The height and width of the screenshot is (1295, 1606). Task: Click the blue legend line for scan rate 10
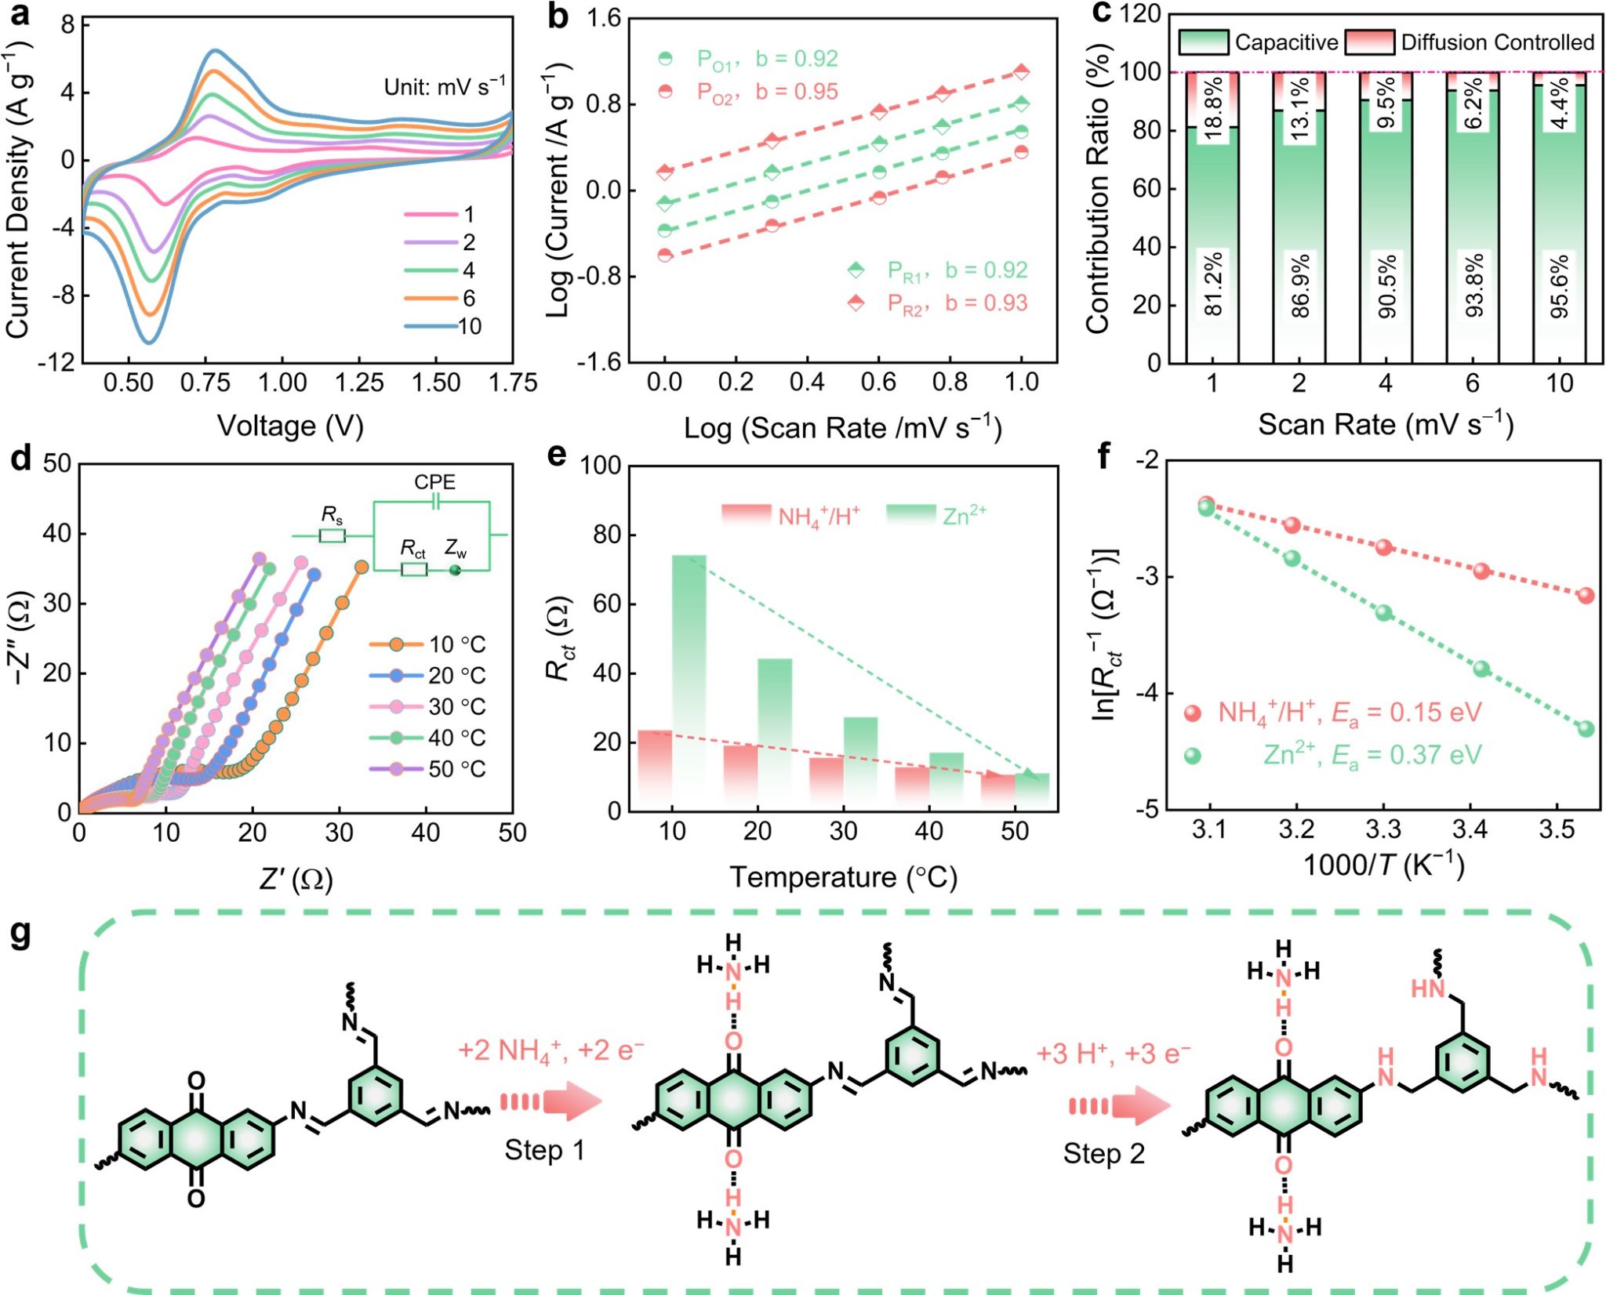click(431, 326)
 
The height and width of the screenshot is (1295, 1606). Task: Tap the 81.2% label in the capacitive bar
click(1213, 284)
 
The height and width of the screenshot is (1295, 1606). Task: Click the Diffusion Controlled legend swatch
click(1369, 42)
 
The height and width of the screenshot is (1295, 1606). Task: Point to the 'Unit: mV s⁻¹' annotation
click(445, 85)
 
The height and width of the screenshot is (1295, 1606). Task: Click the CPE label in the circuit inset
click(434, 482)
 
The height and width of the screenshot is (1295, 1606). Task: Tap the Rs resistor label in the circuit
click(332, 515)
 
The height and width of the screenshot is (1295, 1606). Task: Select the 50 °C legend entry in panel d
click(427, 769)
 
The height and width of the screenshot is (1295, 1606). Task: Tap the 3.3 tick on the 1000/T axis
click(1384, 829)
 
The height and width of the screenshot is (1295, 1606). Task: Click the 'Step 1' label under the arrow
click(544, 1150)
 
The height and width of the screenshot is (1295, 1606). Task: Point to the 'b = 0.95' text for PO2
click(797, 92)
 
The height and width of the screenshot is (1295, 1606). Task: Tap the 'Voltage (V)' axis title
click(290, 426)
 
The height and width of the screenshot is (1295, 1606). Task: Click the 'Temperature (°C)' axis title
click(843, 877)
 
